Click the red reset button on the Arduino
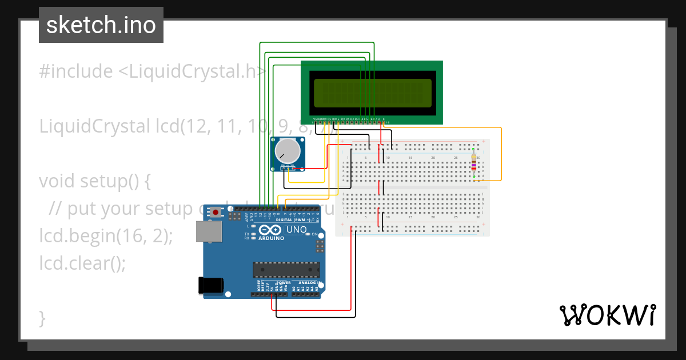pyautogui.click(x=216, y=213)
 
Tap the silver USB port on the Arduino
pyautogui.click(x=209, y=231)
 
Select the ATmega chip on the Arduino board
pyautogui.click(x=286, y=270)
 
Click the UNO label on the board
pyautogui.click(x=296, y=229)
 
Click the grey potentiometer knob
pyautogui.click(x=287, y=151)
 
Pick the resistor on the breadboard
pyautogui.click(x=473, y=164)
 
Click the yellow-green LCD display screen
pyautogui.click(x=372, y=93)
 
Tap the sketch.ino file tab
pyautogui.click(x=101, y=25)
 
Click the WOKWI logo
pyautogui.click(x=607, y=315)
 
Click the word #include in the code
pyautogui.click(x=76, y=71)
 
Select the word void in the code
pyautogui.click(x=57, y=181)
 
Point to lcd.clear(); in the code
pyautogui.click(x=82, y=263)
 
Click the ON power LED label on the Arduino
pyautogui.click(x=315, y=234)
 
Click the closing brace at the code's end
pyautogui.click(x=42, y=318)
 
